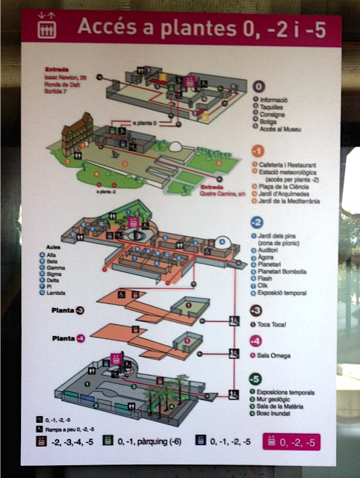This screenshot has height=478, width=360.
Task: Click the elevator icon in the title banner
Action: [x=47, y=28]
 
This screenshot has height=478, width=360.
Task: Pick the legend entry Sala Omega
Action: [x=282, y=356]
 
